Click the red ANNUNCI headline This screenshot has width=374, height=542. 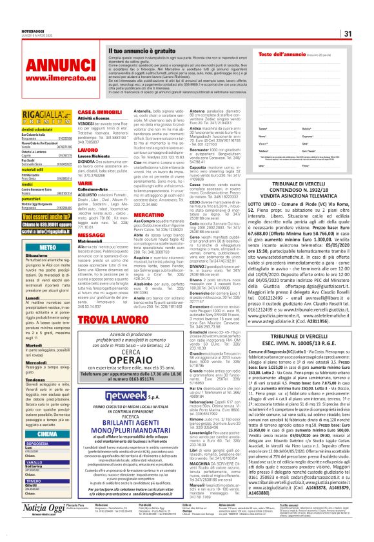point(52,66)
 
